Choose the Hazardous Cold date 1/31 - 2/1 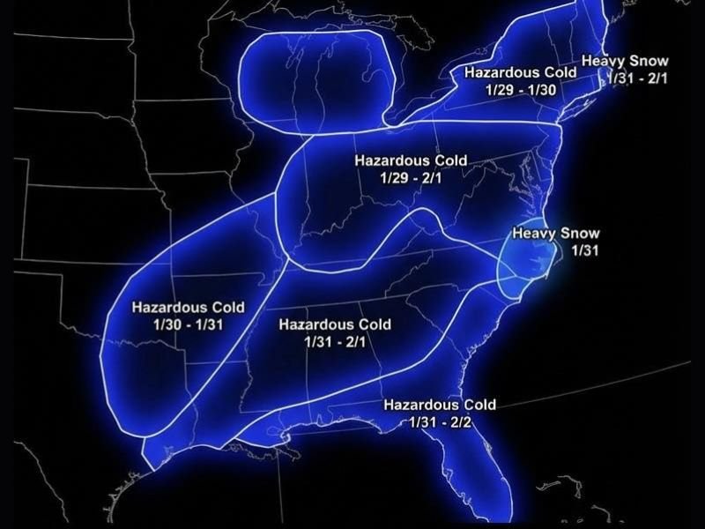click(335, 341)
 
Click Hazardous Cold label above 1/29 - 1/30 click(521, 72)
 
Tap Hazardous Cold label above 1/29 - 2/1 click(411, 161)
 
